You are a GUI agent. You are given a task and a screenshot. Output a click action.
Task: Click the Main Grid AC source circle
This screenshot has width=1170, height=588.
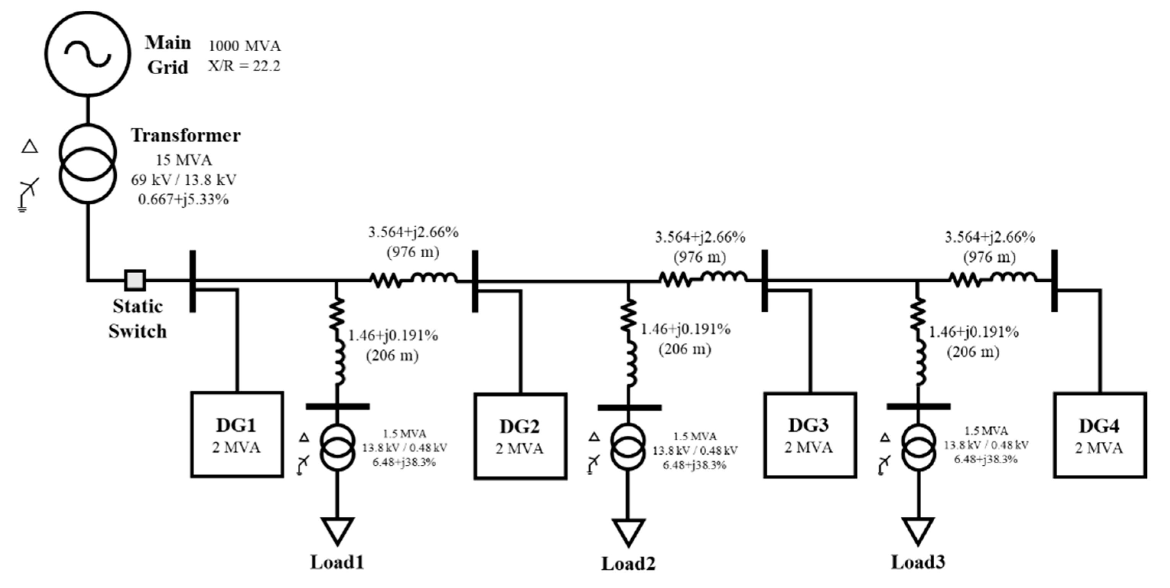tap(88, 54)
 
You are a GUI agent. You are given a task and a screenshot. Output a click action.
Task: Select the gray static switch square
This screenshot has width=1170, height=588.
tap(135, 280)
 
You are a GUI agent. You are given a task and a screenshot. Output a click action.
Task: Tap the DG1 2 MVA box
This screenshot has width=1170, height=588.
tap(236, 434)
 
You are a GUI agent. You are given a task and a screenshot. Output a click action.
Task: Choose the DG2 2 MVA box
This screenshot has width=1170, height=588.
tap(520, 435)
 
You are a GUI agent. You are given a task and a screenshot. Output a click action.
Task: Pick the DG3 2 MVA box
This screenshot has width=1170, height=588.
tap(809, 434)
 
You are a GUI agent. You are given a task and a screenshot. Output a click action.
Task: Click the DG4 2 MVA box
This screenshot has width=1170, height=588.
tap(1099, 435)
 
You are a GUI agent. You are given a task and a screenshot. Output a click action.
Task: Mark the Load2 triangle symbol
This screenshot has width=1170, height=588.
tap(628, 532)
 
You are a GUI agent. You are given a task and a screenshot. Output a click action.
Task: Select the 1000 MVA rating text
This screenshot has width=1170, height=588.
tap(244, 46)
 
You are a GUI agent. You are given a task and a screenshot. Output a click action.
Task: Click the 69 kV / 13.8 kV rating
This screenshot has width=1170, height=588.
tap(184, 180)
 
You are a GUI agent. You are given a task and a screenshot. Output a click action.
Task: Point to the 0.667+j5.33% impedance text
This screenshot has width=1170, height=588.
tap(184, 199)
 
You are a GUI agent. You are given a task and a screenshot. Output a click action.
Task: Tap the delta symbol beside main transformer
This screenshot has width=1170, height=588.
tap(30, 146)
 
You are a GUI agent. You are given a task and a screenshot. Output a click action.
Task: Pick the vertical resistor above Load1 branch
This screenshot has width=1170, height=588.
tap(337, 314)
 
